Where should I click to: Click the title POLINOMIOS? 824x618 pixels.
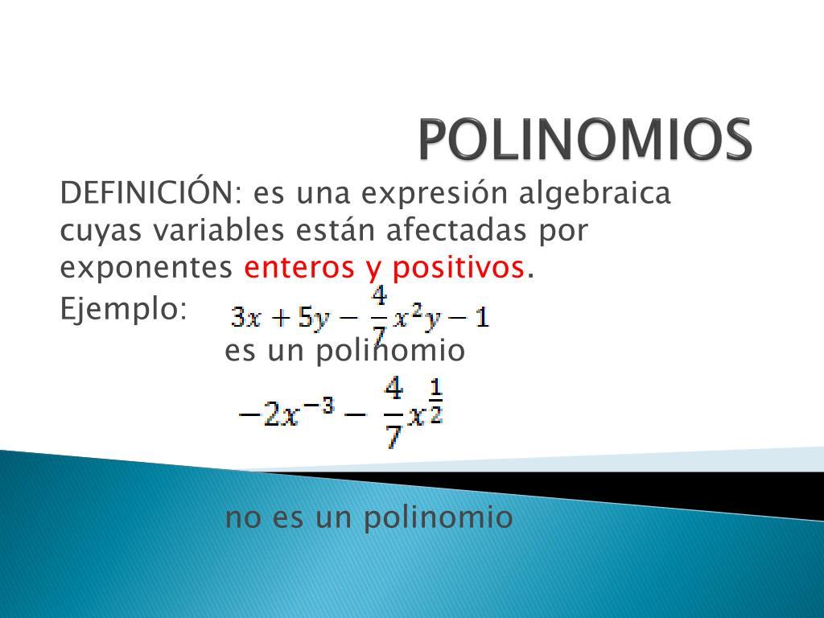pos(586,139)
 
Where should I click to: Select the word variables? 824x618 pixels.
pos(219,229)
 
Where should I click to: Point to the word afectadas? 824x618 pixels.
pos(456,229)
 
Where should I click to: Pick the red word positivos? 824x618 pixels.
pos(458,269)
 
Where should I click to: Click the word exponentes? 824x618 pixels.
pos(146,269)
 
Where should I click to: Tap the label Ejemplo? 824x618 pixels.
pos(123,309)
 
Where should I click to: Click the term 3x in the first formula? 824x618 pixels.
pos(246,317)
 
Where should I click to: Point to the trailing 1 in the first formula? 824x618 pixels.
pos(483,317)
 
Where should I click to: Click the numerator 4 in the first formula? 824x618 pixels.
pos(379,298)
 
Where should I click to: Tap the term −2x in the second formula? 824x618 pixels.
pos(269,415)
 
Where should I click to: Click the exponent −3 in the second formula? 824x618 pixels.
pos(320,406)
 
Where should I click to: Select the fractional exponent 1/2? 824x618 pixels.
pos(436,401)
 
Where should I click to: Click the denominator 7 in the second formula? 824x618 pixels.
pos(393,435)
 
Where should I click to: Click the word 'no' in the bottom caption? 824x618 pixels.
pos(243,518)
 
